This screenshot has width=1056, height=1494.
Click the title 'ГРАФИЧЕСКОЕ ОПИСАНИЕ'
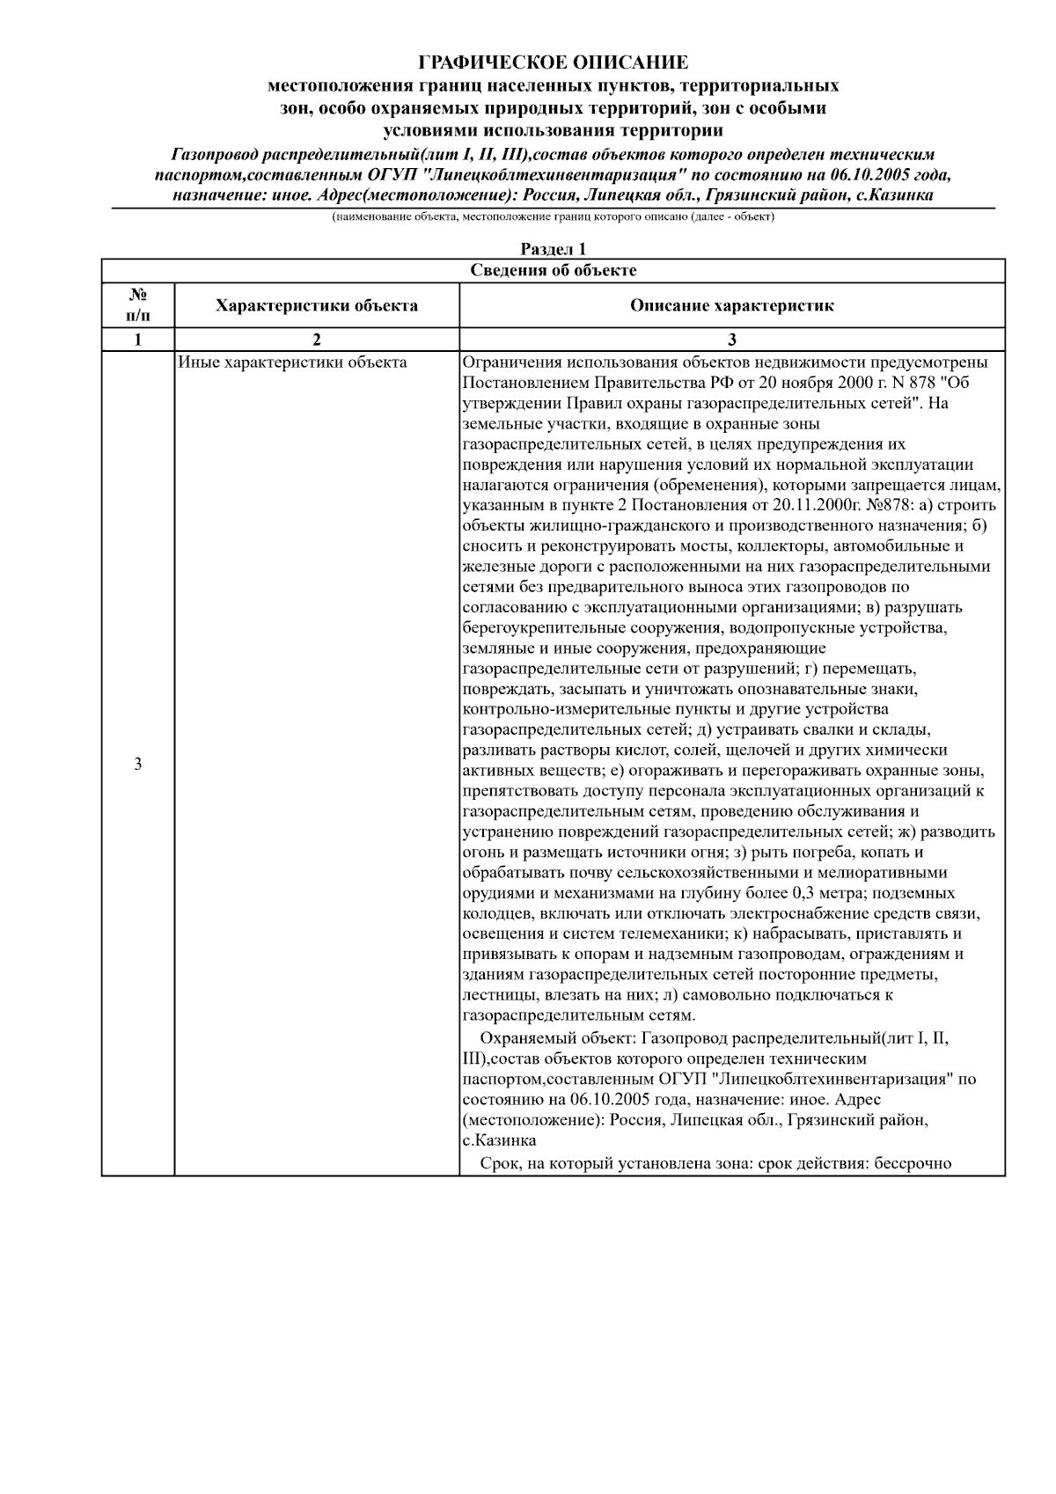[553, 62]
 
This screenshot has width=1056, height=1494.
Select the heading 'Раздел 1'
[553, 250]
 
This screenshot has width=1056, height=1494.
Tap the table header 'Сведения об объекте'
[553, 271]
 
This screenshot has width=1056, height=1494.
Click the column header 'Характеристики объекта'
[316, 306]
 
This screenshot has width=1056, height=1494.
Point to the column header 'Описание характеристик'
[731, 306]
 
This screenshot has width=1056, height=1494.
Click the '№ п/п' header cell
[138, 305]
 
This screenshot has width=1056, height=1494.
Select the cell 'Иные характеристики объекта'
[292, 363]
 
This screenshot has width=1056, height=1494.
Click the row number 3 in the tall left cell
[138, 764]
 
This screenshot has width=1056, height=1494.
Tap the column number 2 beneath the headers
[316, 340]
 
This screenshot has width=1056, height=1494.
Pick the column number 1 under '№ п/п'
[138, 340]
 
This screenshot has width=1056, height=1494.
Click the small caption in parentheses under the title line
[553, 216]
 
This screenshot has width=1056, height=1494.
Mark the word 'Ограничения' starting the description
[510, 363]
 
